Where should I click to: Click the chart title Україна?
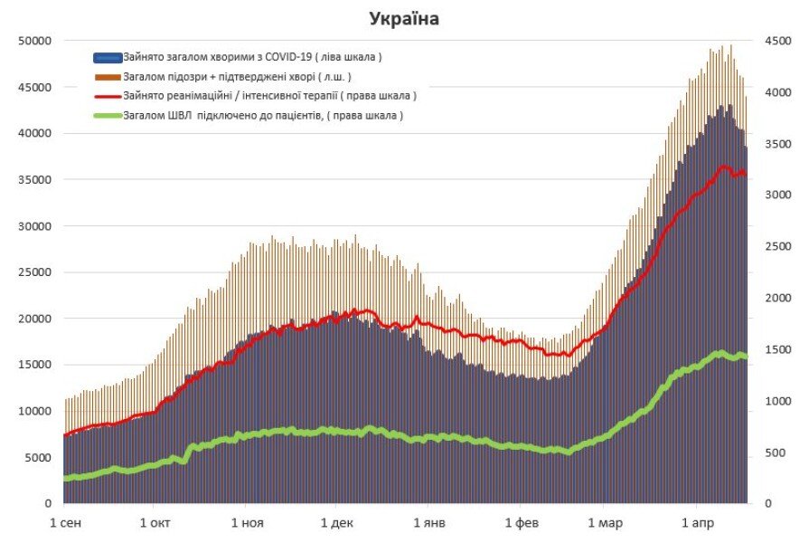tap(403, 18)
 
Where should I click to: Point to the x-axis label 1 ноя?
tap(247, 523)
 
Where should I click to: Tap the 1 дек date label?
tap(337, 523)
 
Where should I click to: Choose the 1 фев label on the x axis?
tap(522, 523)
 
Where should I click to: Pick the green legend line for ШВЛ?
tap(108, 115)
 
